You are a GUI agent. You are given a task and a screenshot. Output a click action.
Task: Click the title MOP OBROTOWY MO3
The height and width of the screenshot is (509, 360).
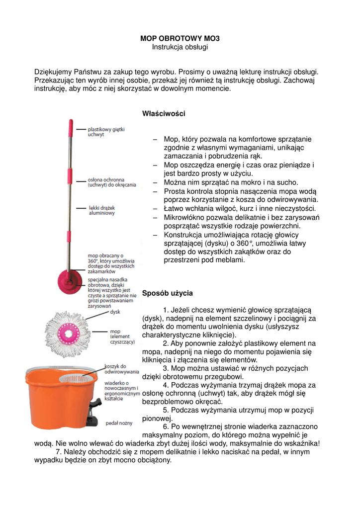click(x=180, y=38)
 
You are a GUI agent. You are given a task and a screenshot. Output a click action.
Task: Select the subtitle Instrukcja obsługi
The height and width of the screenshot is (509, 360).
click(x=180, y=47)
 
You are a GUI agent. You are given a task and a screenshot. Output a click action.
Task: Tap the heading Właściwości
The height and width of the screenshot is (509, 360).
click(x=164, y=114)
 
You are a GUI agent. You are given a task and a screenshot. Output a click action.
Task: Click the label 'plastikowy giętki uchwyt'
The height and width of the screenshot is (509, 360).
click(x=106, y=132)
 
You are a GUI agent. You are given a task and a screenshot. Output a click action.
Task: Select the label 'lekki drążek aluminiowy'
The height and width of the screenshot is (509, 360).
click(x=102, y=210)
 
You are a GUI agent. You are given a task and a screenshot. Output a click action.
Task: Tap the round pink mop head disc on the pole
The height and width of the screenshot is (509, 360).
click(x=70, y=276)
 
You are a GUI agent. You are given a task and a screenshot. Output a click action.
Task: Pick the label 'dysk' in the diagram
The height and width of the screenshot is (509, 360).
click(x=115, y=312)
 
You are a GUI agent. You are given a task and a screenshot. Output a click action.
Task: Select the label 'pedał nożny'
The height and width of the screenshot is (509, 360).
click(x=119, y=423)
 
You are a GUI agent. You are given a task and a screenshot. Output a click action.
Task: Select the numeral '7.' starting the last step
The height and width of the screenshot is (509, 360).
click(x=59, y=452)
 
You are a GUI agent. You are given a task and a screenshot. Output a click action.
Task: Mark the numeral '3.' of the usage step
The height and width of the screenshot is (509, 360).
click(x=166, y=368)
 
